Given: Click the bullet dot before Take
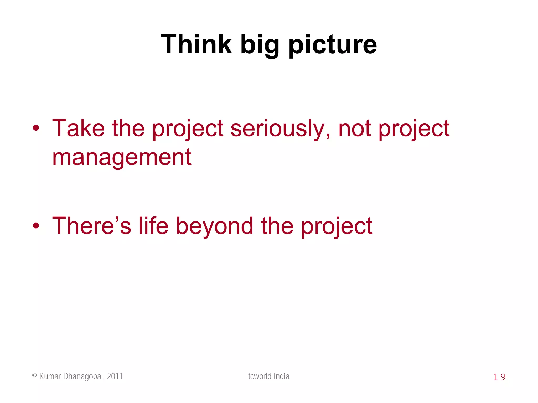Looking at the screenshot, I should (36, 128).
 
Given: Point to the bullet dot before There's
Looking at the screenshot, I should (36, 225).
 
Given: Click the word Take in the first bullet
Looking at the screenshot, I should (78, 128).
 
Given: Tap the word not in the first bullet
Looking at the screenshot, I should (355, 129).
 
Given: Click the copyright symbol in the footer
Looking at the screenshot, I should (34, 375).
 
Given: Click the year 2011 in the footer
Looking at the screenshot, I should (115, 376).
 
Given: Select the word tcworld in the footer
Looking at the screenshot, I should (260, 376).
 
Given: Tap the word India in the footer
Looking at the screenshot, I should (281, 376).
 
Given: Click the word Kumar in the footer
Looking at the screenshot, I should (50, 376).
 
